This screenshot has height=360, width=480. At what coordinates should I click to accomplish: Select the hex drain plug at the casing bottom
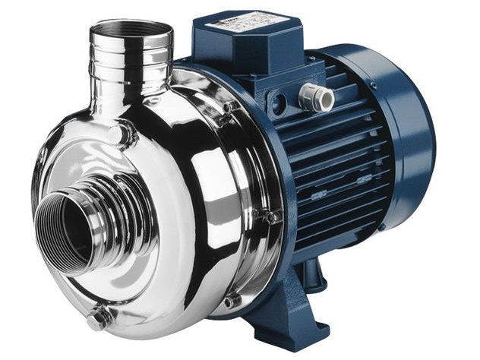(x=99, y=318)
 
